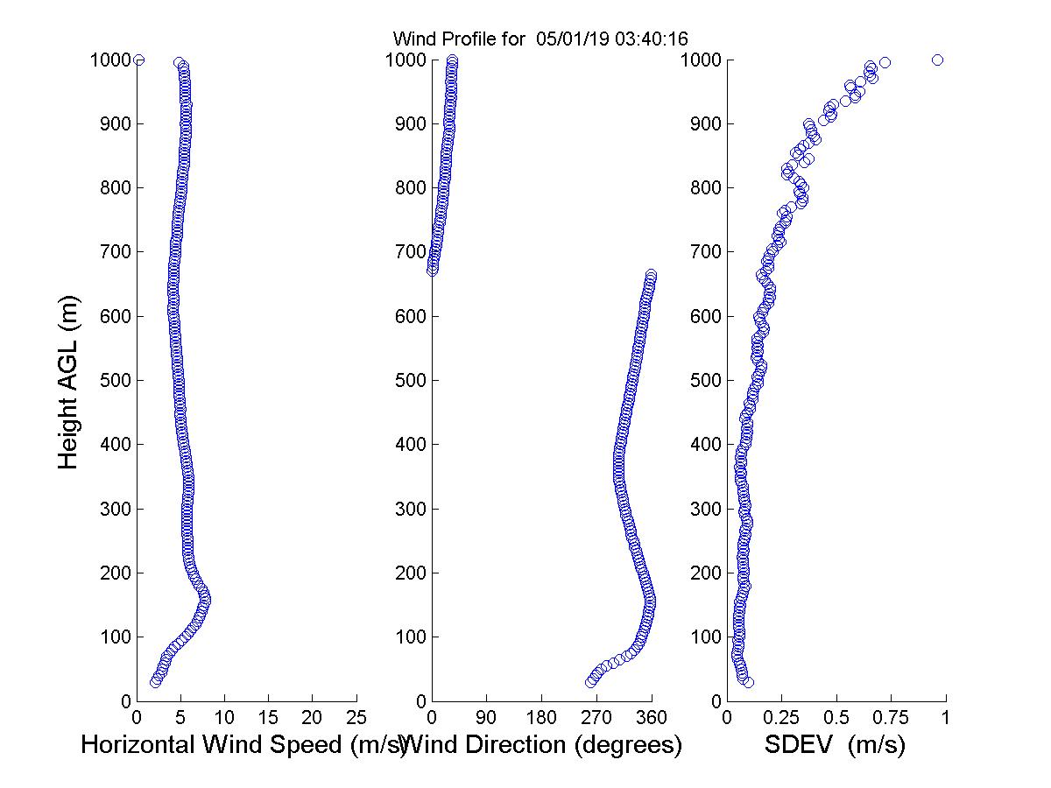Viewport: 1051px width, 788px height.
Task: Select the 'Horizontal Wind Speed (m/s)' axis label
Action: (x=243, y=746)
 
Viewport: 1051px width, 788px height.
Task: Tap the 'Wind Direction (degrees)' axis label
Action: (x=544, y=746)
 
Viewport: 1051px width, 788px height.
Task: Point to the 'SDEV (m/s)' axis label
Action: (x=835, y=746)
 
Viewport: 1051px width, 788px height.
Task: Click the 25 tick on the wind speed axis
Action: (x=356, y=718)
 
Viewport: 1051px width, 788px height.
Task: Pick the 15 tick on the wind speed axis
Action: (x=269, y=718)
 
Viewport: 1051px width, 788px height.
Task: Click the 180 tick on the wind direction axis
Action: (x=541, y=718)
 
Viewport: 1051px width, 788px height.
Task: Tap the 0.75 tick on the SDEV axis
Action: (x=891, y=718)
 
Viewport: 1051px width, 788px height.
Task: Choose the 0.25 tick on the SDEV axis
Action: (x=781, y=718)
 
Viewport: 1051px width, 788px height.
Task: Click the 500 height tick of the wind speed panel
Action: (x=114, y=381)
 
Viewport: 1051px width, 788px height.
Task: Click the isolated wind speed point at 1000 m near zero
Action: (x=138, y=60)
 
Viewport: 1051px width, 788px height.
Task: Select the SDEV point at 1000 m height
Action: (x=937, y=60)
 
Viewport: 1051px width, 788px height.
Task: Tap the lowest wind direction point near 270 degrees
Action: (x=591, y=682)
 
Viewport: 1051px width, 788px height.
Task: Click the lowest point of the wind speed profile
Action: (x=155, y=682)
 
